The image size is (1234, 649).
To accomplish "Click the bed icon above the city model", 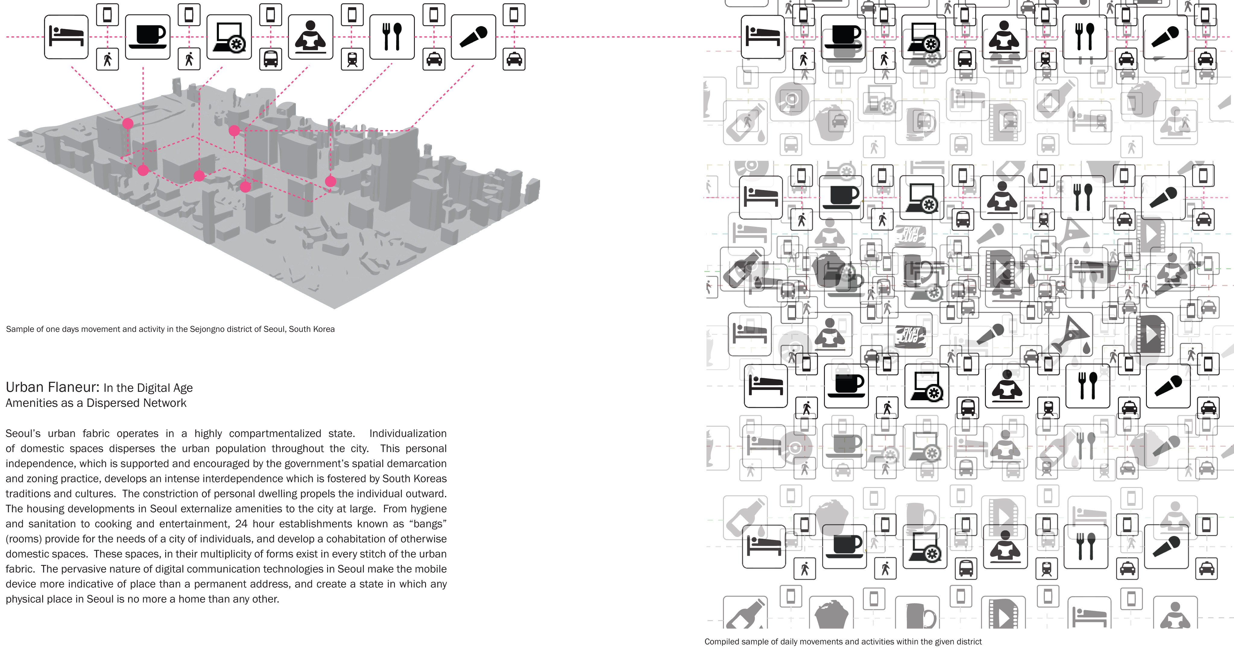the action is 66,37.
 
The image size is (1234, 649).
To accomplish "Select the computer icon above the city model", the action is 229,37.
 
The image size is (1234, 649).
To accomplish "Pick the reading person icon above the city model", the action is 311,37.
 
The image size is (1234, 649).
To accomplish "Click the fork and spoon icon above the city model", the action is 392,37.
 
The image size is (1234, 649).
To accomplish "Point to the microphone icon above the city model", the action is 473,37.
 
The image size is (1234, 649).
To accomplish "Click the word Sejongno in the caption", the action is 207,329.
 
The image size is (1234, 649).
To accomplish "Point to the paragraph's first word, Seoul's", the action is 23,434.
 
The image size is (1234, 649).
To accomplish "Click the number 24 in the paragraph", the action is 241,524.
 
